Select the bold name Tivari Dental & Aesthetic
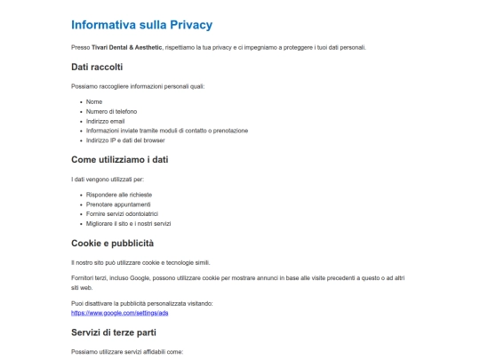126,47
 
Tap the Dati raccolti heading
97,67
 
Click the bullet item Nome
94,101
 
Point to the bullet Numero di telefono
112,111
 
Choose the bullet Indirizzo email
106,121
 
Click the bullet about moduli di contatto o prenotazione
166,131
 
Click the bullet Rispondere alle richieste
119,194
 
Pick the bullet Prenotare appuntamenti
118,204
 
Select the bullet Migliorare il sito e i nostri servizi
133,223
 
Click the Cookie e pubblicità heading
112,243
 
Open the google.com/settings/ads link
119,314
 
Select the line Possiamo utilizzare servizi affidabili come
126,353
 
